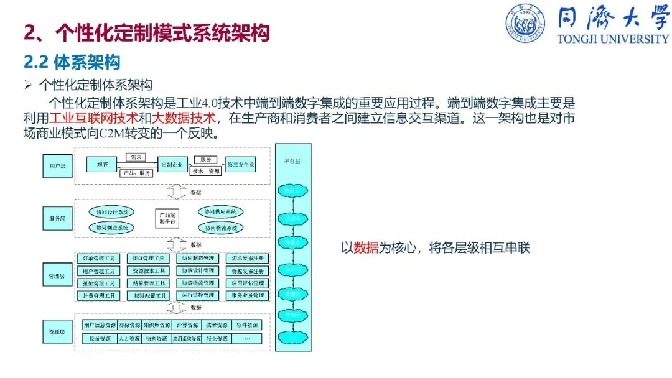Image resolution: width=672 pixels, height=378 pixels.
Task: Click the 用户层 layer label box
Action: [57, 166]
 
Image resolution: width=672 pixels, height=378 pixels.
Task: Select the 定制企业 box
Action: [172, 165]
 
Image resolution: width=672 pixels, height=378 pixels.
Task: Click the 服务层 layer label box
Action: [57, 219]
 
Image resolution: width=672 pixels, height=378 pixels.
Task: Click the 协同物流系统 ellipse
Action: [220, 228]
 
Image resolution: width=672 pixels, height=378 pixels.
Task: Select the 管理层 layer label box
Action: [57, 275]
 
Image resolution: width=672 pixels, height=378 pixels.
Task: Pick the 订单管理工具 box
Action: [98, 257]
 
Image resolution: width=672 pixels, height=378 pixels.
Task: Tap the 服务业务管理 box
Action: [248, 295]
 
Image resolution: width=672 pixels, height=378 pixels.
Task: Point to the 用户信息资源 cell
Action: [100, 325]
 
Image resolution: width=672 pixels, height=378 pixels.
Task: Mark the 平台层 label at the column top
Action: [292, 161]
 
